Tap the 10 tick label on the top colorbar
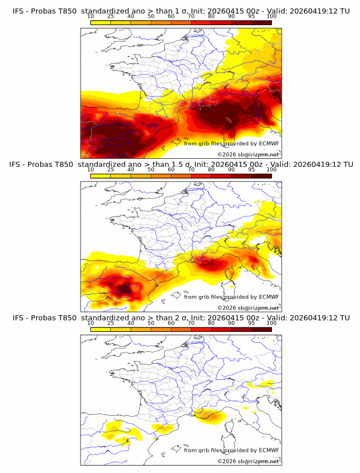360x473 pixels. tap(91, 16)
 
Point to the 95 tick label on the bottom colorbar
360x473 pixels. tap(251, 323)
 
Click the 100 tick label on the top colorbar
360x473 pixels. tap(271, 16)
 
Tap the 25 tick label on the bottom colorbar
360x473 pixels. tap(111, 323)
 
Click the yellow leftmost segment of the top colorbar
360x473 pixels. tap(101, 23)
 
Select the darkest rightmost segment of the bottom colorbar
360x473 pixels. tap(261, 330)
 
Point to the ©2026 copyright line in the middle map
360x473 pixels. tap(248, 307)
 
